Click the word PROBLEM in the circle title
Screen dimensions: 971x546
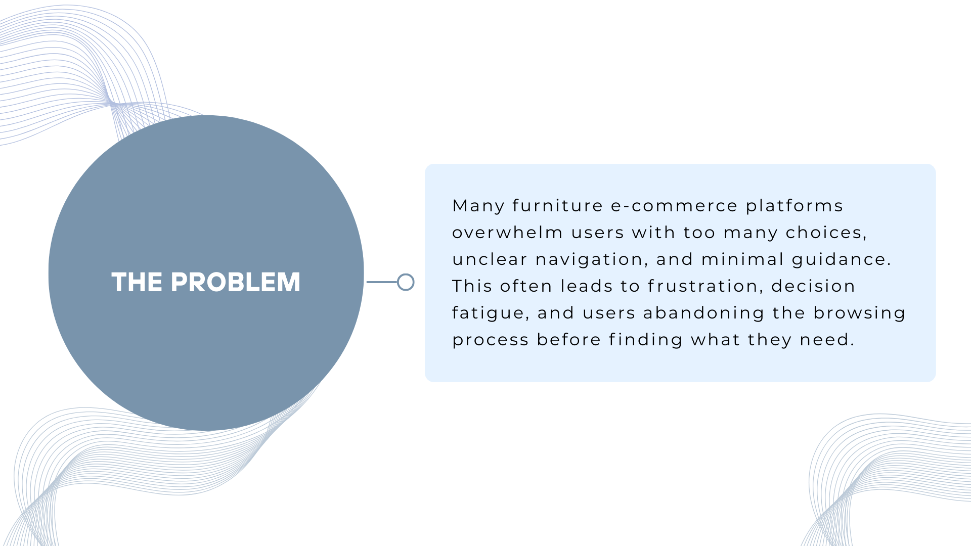pos(236,282)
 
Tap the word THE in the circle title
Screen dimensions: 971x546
pos(137,282)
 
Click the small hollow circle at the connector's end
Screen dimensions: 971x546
pos(406,282)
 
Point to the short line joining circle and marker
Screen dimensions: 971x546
pos(382,282)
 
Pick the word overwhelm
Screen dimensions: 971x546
pos(507,233)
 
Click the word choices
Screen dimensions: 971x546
pos(826,233)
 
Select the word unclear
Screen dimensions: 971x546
pos(490,259)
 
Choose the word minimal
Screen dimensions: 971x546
pos(742,259)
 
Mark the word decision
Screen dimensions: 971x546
pos(813,286)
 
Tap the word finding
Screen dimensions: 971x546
pos(646,340)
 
